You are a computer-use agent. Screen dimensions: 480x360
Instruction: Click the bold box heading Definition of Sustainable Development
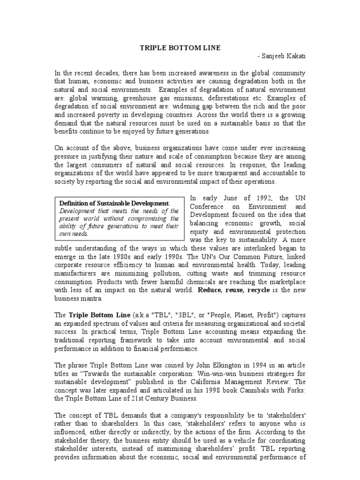(x=114, y=203)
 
